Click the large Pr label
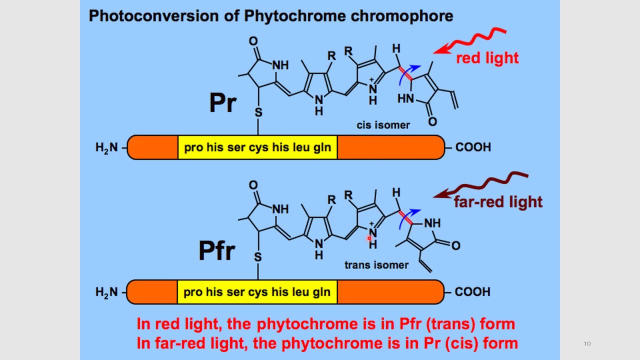coord(222,103)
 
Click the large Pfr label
coord(216,250)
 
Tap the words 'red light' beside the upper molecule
coord(487,58)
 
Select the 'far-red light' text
coord(498,202)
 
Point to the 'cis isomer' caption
coord(383,125)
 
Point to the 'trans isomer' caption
coord(376,265)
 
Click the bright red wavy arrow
coord(470,40)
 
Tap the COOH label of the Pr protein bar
coord(473,147)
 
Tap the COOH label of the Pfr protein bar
coord(472,292)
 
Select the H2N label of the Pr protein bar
coord(106,147)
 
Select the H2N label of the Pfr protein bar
coord(106,292)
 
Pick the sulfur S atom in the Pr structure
coord(258,112)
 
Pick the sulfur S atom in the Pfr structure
coord(258,257)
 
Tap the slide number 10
coord(587,343)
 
